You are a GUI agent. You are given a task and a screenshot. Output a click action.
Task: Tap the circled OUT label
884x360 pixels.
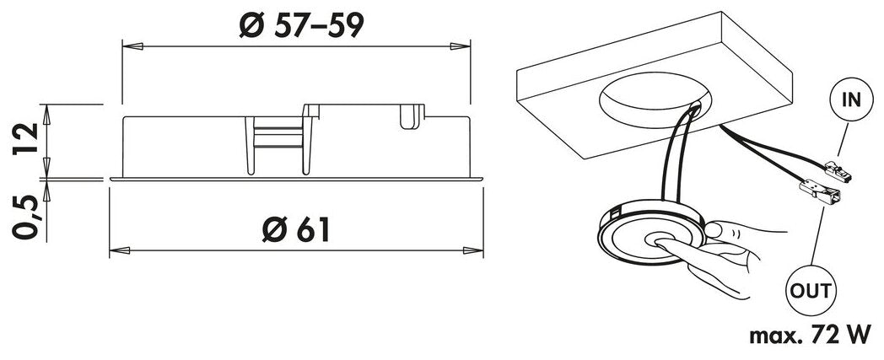pos(811,293)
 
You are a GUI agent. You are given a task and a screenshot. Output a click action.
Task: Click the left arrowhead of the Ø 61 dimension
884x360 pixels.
pos(118,250)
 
